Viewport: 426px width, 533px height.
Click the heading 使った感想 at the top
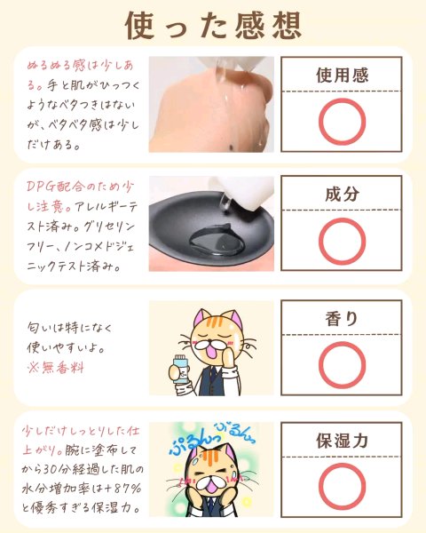213,26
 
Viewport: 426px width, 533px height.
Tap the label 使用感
342,76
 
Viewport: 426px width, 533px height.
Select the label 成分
342,194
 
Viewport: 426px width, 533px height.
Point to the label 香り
342,319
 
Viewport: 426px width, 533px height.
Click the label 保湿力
342,441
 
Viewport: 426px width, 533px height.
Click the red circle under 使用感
319,122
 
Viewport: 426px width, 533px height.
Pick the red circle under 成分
319,241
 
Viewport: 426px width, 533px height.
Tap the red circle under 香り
319,365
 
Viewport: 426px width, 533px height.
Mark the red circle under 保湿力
319,487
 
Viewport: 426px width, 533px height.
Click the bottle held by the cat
180,369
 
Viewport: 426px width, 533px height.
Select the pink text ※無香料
56,368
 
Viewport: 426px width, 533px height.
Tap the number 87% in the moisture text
127,489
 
